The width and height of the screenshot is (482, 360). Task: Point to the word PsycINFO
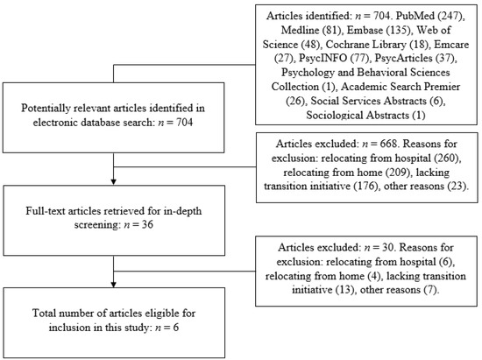[x=323, y=58]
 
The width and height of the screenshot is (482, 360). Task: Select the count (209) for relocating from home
[x=399, y=172]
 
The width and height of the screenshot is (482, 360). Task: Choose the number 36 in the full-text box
[x=147, y=224]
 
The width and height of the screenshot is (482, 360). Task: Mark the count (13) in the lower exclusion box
[x=345, y=290]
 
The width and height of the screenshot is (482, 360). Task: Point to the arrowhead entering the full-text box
[x=113, y=181]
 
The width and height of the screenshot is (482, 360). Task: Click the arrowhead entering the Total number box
[x=113, y=285]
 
